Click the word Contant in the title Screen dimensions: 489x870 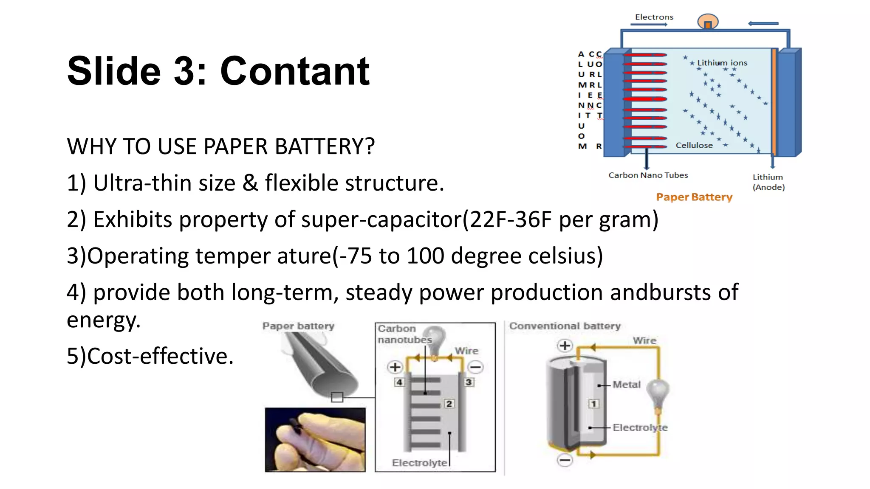tap(294, 71)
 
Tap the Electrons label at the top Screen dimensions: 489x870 tap(654, 17)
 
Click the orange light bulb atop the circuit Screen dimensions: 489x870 tap(707, 21)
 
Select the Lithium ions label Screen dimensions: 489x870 tap(722, 63)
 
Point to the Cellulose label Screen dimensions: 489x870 tap(694, 145)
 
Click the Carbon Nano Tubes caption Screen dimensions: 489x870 tap(648, 175)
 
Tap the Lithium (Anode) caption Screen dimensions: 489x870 tap(768, 182)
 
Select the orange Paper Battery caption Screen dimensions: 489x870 tap(694, 197)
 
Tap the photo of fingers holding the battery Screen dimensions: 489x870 tap(315, 440)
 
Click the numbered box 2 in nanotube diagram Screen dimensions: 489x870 tap(449, 404)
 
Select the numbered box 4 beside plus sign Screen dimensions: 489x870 tap(399, 382)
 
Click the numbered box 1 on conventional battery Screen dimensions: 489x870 tap(593, 404)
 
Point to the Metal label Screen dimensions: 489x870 tap(626, 385)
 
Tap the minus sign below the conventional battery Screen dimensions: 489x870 tap(565, 460)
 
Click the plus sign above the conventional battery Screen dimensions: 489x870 tap(565, 346)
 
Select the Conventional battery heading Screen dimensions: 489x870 tap(565, 326)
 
